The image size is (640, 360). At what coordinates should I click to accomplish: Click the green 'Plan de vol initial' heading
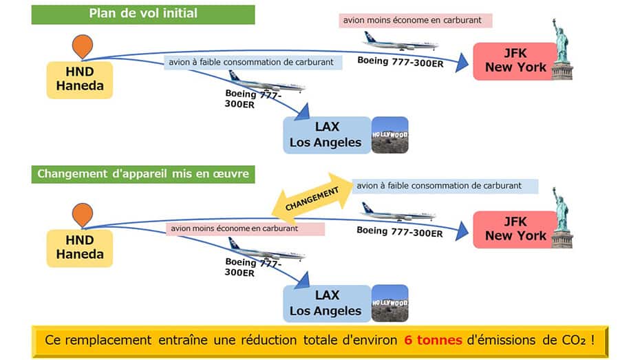tap(142, 14)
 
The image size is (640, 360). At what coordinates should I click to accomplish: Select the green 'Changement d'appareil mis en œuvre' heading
tap(142, 174)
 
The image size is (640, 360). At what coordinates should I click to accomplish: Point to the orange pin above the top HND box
tap(82, 45)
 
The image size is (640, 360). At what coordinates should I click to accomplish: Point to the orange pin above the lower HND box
tap(82, 214)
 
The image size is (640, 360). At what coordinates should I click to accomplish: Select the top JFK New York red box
tap(515, 61)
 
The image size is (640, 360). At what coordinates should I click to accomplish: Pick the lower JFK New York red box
tap(515, 229)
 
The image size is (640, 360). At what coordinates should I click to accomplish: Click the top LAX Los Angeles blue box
tap(326, 135)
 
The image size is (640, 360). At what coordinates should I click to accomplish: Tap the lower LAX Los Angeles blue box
tap(326, 303)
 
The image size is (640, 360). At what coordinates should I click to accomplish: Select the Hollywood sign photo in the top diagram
tap(390, 135)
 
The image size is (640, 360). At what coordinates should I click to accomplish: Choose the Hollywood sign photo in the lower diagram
tap(390, 303)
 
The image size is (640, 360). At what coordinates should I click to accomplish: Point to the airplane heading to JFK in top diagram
tap(400, 43)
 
